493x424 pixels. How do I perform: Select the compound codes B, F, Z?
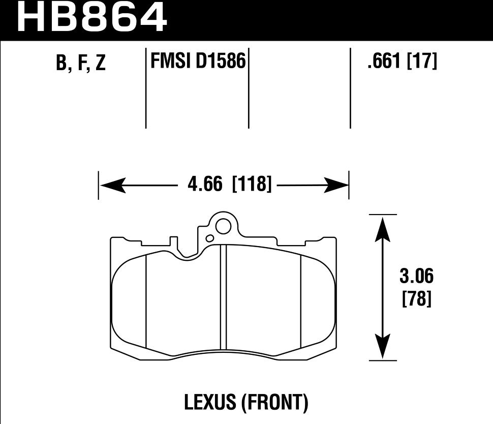coord(81,63)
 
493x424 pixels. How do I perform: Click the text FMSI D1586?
coord(198,62)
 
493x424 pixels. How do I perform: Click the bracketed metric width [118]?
coord(252,184)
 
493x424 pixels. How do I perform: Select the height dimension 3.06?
coord(416,277)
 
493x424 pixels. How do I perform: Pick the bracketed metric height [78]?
coord(416,299)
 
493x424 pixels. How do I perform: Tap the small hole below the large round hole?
coord(209,238)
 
